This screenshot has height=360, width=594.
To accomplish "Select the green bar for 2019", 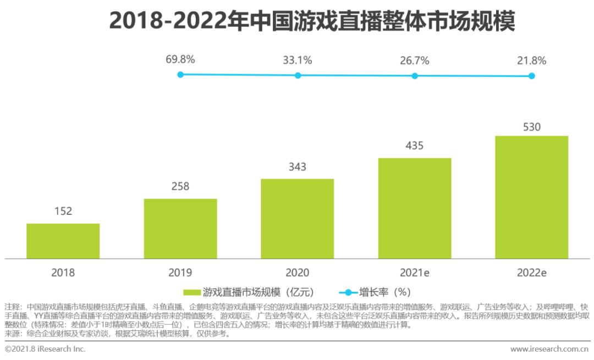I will coord(180,228).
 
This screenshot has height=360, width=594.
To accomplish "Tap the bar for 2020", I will coord(297,218).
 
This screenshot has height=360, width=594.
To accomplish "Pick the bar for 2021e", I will coord(415,208).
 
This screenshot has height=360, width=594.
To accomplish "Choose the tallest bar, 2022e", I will coord(531,197).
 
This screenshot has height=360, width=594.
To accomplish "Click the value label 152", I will coord(63,211).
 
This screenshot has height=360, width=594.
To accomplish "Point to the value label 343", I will coord(297,167).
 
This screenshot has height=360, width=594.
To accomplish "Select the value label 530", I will coord(531,127).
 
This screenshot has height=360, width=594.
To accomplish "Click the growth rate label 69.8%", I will coord(180,60).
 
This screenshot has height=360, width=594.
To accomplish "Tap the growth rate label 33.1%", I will coord(298,60).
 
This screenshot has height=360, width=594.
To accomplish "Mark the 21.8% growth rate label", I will coord(531,60).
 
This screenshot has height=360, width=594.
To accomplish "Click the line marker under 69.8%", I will coord(180,75).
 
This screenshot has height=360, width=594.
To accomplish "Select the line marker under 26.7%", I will coord(415,75).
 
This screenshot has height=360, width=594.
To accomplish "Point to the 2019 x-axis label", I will coord(180,273).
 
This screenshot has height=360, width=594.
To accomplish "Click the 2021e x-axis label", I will coord(415,273).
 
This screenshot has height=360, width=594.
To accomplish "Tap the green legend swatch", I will coord(192,292).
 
